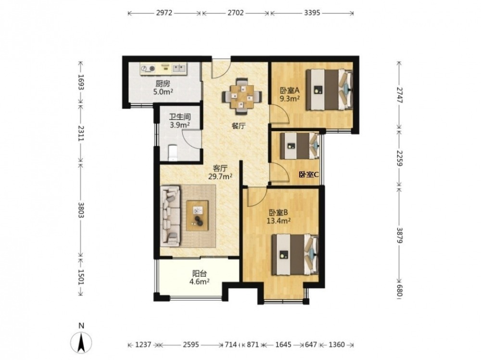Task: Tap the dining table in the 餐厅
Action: click(242, 96)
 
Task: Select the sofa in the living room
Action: click(170, 216)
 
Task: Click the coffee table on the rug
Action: click(197, 215)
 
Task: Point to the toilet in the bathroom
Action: click(173, 153)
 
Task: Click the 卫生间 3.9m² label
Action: click(180, 121)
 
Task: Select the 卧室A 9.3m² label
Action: click(289, 95)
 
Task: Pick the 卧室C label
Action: click(309, 174)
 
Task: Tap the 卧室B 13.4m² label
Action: click(278, 216)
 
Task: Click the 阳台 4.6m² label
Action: click(200, 277)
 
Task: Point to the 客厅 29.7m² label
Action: click(220, 173)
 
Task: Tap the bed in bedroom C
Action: click(300, 146)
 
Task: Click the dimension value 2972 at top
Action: click(165, 13)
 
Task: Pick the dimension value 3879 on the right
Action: click(399, 235)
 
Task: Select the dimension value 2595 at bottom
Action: click(191, 345)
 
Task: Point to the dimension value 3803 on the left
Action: click(81, 210)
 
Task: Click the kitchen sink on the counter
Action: click(179, 68)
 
